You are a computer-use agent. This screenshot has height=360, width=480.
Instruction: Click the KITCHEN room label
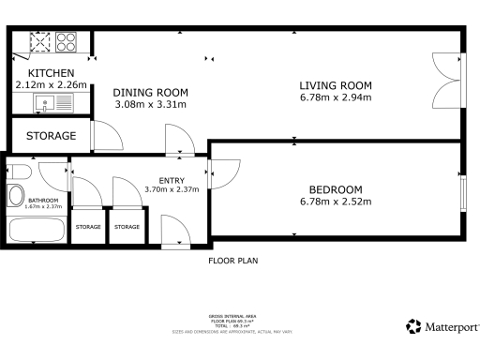tap(51, 73)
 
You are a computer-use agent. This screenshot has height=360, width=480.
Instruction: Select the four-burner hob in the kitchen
tap(66, 42)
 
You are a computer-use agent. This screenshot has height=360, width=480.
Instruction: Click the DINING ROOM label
tap(151, 92)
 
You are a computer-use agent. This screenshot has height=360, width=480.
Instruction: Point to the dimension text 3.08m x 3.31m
tap(151, 104)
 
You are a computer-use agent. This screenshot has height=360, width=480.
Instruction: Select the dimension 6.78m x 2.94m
tap(335, 97)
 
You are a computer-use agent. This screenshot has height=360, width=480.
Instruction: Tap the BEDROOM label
tap(335, 187)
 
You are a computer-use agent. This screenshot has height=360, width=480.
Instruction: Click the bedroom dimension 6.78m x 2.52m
tap(335, 201)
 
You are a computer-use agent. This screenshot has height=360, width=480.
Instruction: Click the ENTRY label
tap(172, 180)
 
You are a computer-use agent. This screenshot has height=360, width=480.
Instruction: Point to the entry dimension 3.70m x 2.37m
tap(172, 190)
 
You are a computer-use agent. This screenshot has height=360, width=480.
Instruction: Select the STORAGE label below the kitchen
tap(51, 137)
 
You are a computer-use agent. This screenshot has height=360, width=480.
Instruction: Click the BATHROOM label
tap(44, 200)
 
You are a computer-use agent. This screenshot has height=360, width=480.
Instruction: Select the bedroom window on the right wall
tap(464, 192)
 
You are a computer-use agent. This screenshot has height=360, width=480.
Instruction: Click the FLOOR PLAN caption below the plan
tap(232, 261)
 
